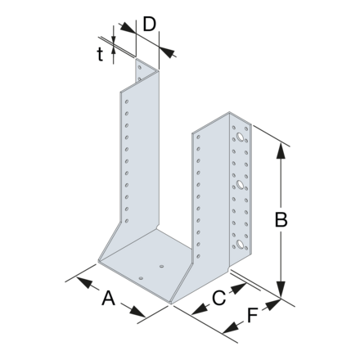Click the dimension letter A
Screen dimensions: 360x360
tap(108, 299)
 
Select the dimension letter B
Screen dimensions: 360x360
tap(281, 219)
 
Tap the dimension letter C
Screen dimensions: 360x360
tap(218, 299)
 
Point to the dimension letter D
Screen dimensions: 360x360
tap(148, 23)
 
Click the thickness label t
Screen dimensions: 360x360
tap(100, 54)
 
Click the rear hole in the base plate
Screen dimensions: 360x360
tap(161, 266)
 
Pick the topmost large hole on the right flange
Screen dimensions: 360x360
tap(241, 139)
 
